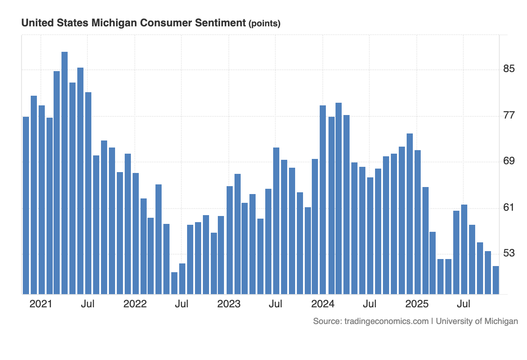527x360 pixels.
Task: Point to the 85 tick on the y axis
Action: click(509, 69)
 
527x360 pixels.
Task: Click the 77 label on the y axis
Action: click(509, 115)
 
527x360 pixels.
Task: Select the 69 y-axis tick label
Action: click(509, 162)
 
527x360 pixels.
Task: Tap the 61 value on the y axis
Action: click(509, 208)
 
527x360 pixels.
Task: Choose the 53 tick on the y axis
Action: click(509, 254)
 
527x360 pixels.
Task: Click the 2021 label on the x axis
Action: click(41, 304)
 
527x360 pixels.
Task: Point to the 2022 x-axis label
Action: click(135, 304)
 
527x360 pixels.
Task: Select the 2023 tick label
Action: click(229, 304)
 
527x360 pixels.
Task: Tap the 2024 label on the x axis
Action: click(323, 304)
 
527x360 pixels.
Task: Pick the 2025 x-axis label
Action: click(417, 304)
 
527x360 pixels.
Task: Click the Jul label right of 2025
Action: click(464, 304)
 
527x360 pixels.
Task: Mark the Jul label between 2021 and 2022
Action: click(88, 304)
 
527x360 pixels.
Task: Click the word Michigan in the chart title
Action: click(112, 23)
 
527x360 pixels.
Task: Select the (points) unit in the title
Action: click(264, 24)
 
